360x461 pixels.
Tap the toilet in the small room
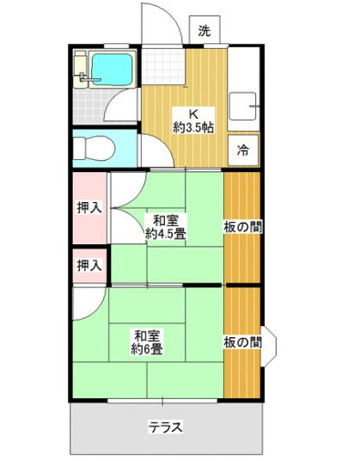pos(94,149)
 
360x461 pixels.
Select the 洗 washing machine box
pos(204,31)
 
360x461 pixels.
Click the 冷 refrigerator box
pos(243,151)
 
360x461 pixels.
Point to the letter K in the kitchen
pos(193,113)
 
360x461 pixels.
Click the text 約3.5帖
pos(193,127)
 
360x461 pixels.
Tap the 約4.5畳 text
pos(166,233)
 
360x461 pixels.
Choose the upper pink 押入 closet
pos(89,207)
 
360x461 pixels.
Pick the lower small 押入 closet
pos(88,265)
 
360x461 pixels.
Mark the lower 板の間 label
pos(243,342)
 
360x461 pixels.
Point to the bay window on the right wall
pos(269,342)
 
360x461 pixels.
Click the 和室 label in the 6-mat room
pos(148,335)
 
